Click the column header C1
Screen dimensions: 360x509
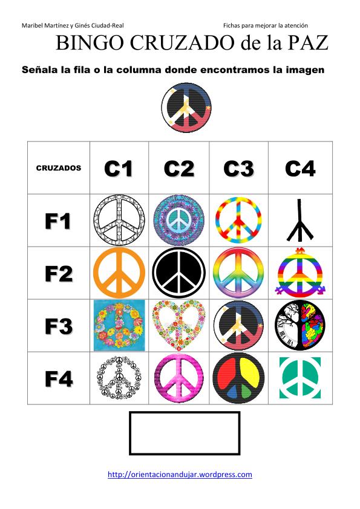119,169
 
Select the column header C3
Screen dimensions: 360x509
239,169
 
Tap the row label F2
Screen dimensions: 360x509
59,274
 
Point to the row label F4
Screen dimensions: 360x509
59,378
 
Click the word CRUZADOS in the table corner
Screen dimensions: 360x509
59,168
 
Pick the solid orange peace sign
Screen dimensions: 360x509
119,273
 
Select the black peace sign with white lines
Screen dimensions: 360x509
178,273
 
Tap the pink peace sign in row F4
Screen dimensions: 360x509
179,378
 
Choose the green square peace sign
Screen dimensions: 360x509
300,378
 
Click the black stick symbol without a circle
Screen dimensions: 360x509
299,221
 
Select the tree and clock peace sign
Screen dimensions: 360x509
300,326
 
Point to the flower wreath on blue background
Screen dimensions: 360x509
119,326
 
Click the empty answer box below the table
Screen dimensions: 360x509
185,433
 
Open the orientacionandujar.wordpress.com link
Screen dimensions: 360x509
180,475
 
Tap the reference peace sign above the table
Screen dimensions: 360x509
186,108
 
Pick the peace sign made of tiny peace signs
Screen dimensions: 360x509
119,378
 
